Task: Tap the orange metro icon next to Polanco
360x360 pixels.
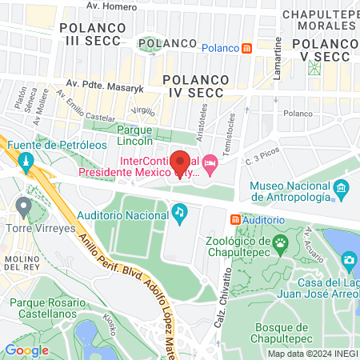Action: (x=248, y=48)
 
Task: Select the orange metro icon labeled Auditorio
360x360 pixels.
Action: (x=234, y=218)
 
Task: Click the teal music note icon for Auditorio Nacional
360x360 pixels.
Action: (x=180, y=211)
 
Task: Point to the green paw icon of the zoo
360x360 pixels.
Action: (x=281, y=242)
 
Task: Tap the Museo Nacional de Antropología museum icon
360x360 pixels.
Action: (x=342, y=190)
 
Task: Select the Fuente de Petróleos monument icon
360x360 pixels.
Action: (x=25, y=162)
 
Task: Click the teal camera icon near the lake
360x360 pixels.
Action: (x=349, y=259)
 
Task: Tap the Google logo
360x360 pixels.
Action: (x=27, y=350)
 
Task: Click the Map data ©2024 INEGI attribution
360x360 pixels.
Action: (x=312, y=353)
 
